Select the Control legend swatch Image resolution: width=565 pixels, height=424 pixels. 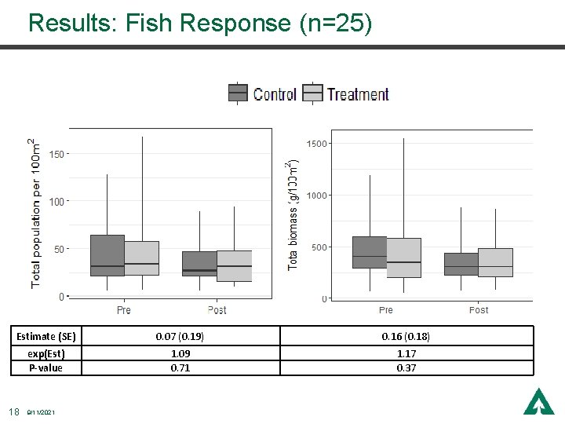[239, 93]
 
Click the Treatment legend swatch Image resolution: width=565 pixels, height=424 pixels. [313, 93]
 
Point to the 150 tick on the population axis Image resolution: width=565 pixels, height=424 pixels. [56, 154]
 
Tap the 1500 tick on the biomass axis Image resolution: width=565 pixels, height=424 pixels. [316, 144]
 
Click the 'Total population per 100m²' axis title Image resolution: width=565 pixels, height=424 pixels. [35, 212]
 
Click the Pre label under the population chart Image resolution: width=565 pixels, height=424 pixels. [124, 310]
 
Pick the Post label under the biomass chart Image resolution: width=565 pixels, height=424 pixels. [478, 310]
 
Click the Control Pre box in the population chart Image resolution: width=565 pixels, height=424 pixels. [108, 255]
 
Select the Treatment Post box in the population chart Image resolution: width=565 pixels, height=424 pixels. [234, 266]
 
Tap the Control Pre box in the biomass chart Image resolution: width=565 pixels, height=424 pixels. [370, 252]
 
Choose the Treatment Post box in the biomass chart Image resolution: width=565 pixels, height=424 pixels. [495, 262]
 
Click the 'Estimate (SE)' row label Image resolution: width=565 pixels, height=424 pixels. [46, 336]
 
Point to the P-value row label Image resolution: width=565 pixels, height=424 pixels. [46, 367]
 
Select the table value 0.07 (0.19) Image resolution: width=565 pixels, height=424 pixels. [180, 336]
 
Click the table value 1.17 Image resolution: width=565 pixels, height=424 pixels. [406, 354]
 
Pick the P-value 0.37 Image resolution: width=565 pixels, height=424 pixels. [406, 367]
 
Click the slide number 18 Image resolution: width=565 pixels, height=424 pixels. [13, 411]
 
